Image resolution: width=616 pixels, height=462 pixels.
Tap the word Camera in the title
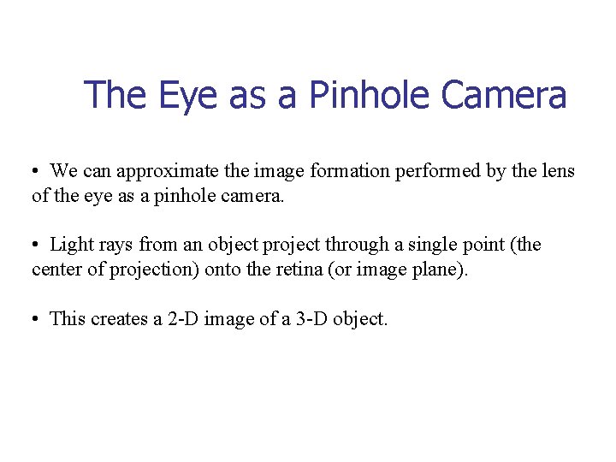click(503, 95)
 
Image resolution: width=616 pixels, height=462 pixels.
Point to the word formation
click(350, 171)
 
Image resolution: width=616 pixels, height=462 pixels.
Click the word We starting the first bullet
click(63, 171)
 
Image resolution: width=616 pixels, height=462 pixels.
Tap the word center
click(58, 270)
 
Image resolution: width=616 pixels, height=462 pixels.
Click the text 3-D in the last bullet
click(295, 319)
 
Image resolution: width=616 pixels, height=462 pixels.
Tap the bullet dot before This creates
click(36, 319)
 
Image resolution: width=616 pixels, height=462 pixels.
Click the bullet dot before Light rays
click(36, 246)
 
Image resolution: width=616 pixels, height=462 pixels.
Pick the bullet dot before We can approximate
click(36, 172)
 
